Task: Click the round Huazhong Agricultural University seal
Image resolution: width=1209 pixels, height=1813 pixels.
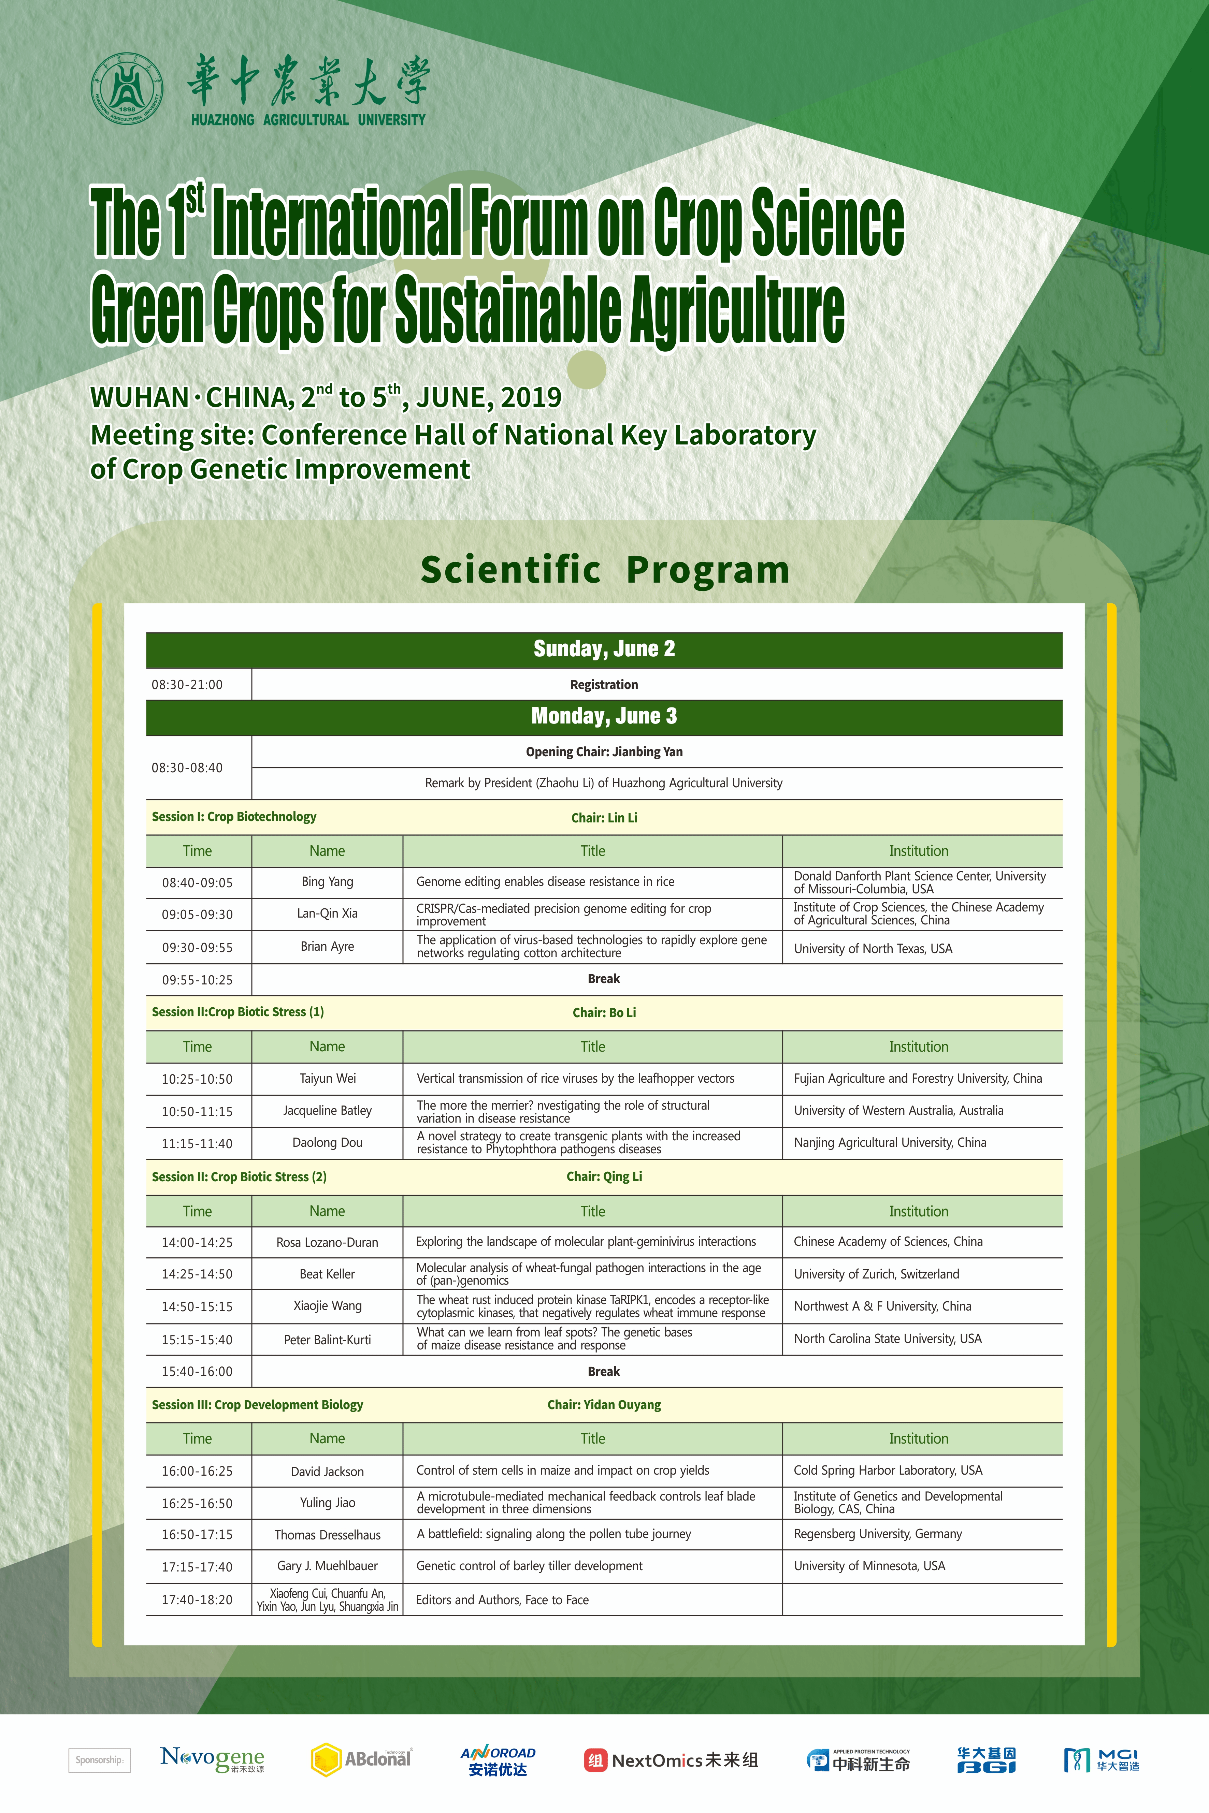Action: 127,88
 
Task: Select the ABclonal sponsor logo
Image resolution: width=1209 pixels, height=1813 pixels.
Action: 361,1759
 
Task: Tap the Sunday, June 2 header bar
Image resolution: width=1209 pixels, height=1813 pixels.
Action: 604,649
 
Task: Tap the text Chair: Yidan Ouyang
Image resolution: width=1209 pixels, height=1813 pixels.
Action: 604,1404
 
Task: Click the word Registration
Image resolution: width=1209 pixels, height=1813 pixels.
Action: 604,685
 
